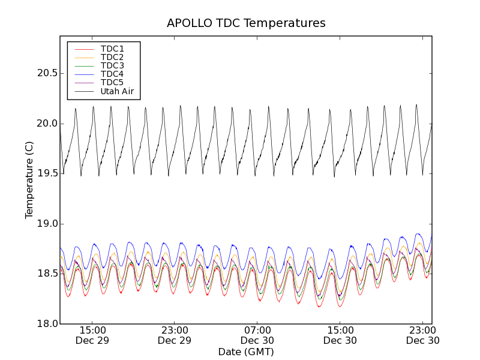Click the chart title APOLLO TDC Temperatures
(x=246, y=23)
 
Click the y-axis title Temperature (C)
(x=29, y=180)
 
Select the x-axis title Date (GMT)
(x=246, y=352)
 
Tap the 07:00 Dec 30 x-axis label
(x=257, y=335)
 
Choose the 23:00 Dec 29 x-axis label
(x=175, y=335)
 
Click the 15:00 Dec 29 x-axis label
(x=92, y=335)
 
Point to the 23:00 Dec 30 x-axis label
(x=423, y=335)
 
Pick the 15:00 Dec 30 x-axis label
(x=340, y=335)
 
